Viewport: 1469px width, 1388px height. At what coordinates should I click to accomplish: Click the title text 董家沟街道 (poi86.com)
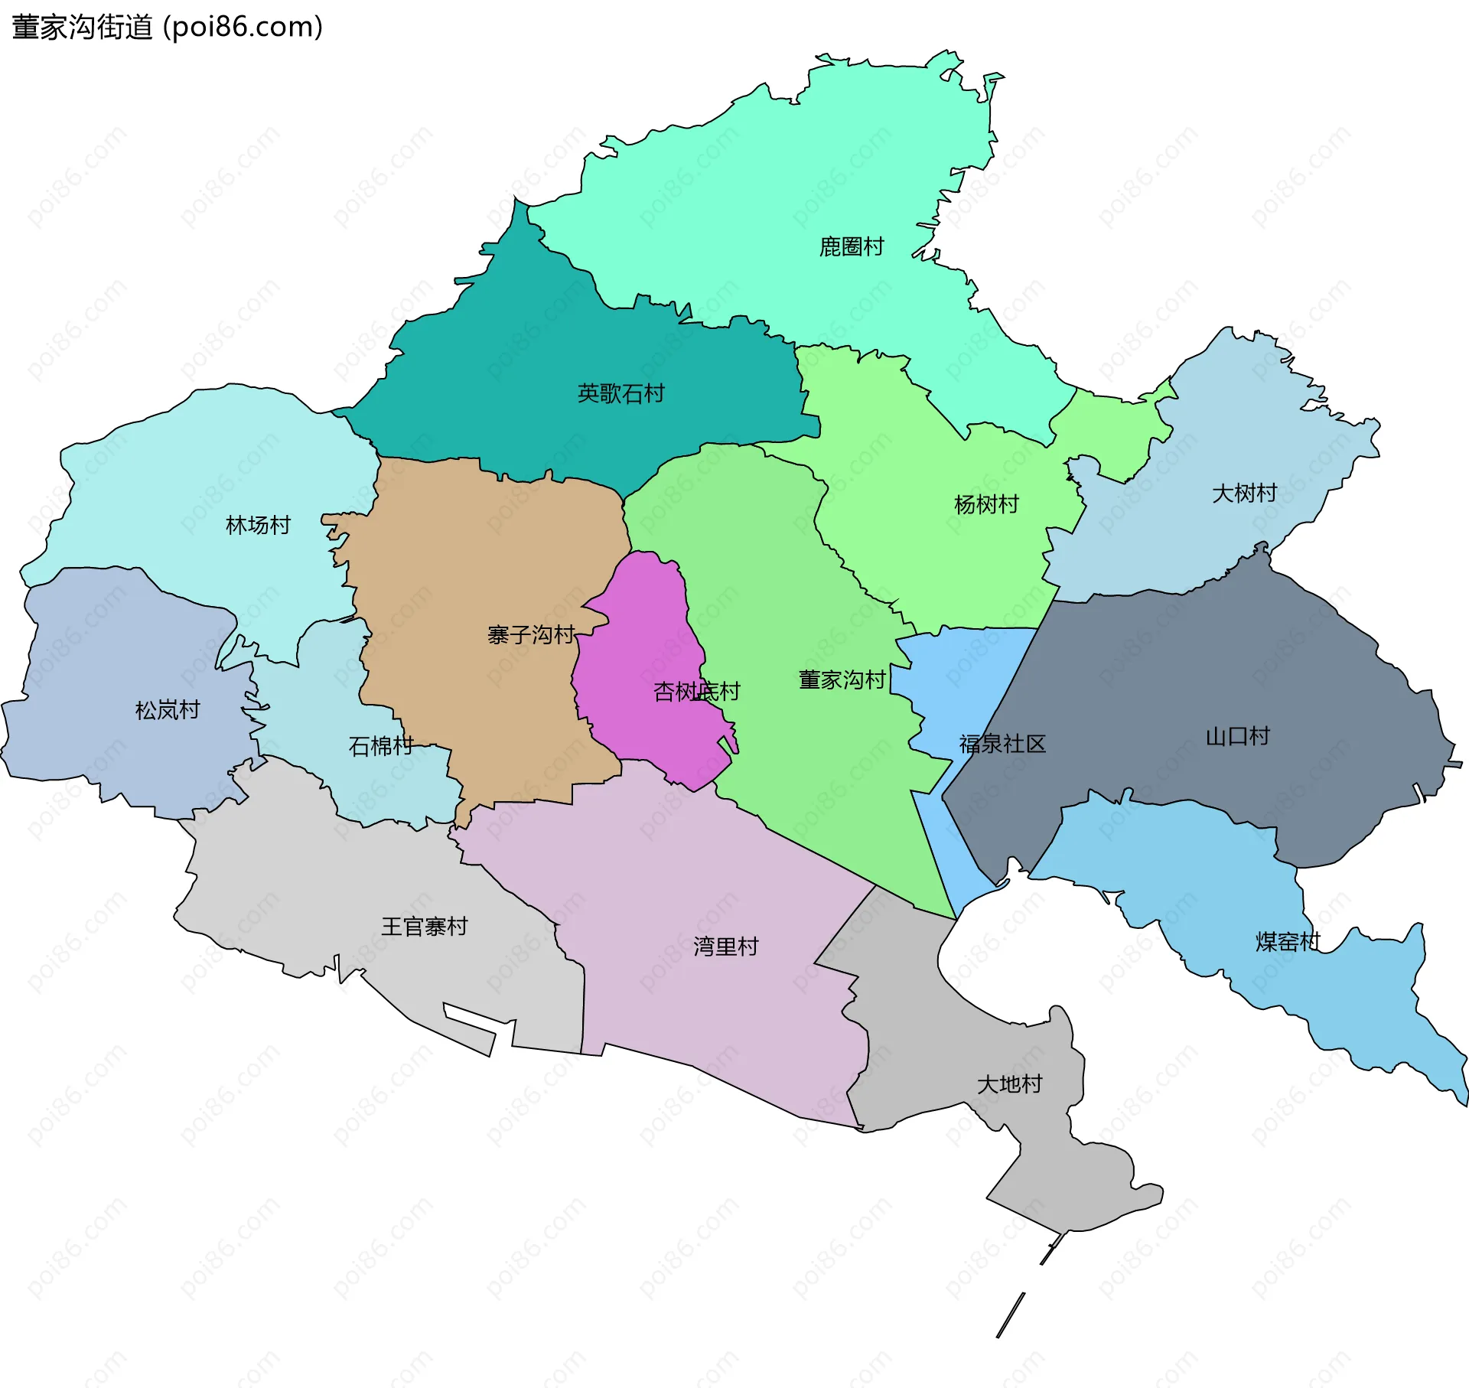(x=167, y=28)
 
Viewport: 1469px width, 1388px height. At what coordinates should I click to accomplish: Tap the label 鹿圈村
(x=851, y=246)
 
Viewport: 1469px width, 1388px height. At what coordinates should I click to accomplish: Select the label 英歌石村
(x=620, y=393)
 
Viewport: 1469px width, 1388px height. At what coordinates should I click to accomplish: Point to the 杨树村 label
(x=986, y=504)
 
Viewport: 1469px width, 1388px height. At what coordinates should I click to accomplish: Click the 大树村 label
(x=1244, y=493)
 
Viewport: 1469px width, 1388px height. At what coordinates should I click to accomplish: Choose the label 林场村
(x=258, y=525)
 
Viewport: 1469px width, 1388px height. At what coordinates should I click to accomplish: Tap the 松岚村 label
(x=167, y=710)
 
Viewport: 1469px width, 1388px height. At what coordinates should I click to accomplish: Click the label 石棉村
(x=380, y=745)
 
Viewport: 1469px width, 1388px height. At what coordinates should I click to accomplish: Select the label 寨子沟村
(x=531, y=634)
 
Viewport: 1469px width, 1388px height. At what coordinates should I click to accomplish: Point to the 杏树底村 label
(x=696, y=692)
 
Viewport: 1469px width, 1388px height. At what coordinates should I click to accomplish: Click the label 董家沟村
(x=842, y=679)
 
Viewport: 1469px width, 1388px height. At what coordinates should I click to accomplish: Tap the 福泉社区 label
(x=1002, y=744)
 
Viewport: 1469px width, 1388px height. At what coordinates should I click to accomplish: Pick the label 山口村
(x=1237, y=736)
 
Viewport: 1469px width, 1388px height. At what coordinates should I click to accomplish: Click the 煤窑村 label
(x=1288, y=941)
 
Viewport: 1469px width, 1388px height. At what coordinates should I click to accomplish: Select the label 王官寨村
(x=424, y=927)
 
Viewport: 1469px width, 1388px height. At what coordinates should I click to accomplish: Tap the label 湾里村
(x=725, y=947)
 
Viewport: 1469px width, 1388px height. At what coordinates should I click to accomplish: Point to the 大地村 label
(x=1009, y=1084)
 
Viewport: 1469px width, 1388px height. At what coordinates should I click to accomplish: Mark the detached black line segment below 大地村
(x=1010, y=1315)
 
